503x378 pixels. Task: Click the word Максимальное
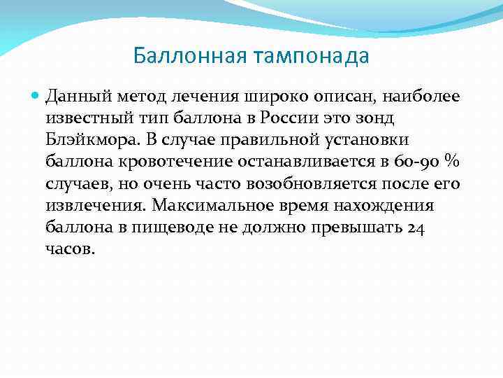(220, 206)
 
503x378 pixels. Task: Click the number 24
(417, 228)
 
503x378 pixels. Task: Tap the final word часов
(68, 251)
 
